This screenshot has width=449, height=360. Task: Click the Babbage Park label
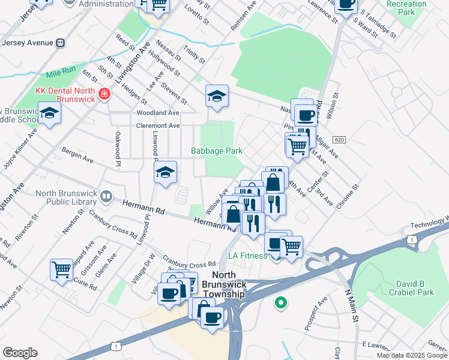click(x=217, y=151)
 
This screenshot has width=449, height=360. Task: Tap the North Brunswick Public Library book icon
click(x=106, y=196)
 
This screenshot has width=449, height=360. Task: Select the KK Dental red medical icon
click(x=104, y=94)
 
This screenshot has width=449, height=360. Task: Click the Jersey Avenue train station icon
click(x=61, y=43)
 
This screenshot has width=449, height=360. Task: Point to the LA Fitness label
click(x=247, y=256)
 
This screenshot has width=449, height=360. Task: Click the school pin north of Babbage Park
click(x=217, y=95)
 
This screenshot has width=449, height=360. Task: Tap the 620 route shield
click(x=339, y=139)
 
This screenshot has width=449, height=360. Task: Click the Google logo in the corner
click(x=20, y=353)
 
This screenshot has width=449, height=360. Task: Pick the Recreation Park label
click(x=406, y=8)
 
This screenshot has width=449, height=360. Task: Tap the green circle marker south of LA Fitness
click(x=280, y=303)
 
